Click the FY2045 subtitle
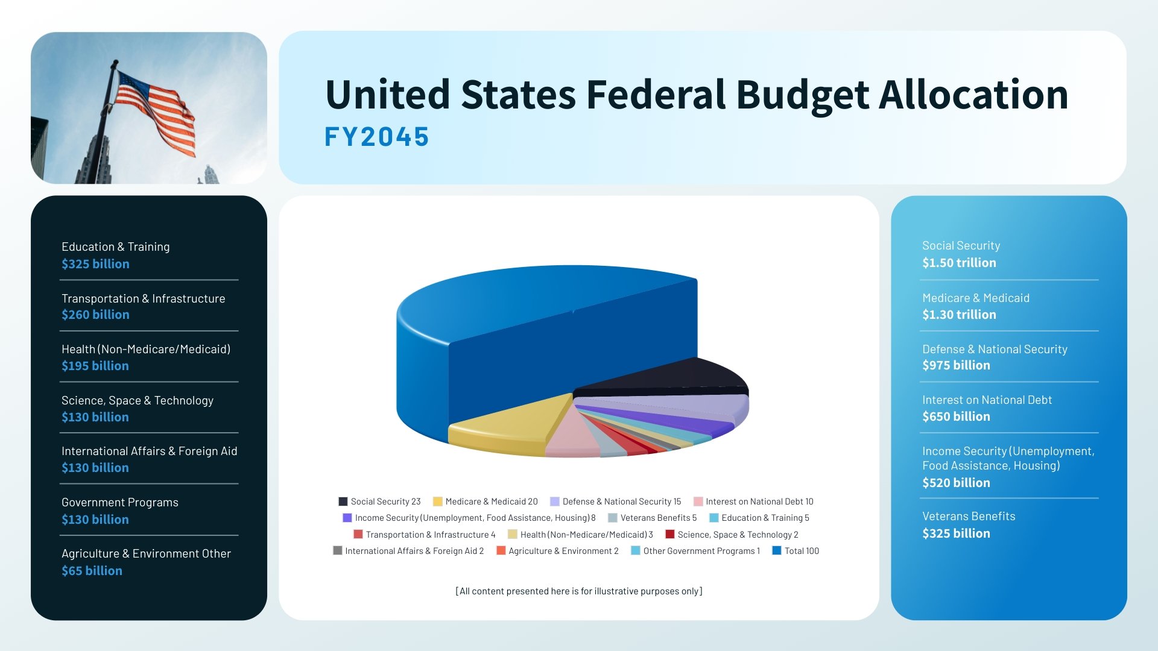tap(376, 137)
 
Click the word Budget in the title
tap(802, 95)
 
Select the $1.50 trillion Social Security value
tap(959, 263)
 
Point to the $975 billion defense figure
tap(956, 365)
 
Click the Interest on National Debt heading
tap(987, 400)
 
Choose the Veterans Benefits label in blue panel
tap(969, 516)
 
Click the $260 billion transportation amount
tap(95, 315)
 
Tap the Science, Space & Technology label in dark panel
tap(138, 400)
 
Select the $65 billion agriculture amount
tap(92, 571)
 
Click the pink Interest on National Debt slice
tap(570, 437)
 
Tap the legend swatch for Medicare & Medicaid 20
tap(438, 502)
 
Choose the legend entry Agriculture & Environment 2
tap(563, 551)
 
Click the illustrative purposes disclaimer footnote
tap(579, 591)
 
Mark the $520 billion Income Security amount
tap(956, 483)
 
